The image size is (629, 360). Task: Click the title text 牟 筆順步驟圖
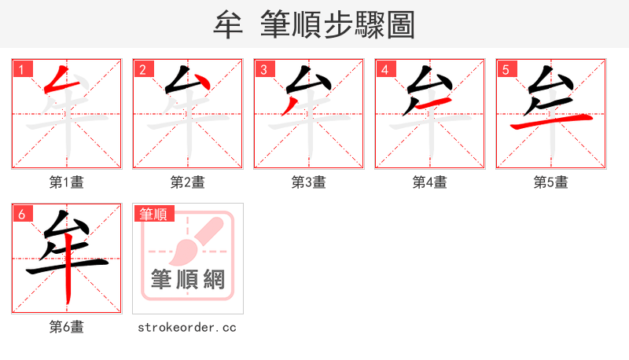click(x=314, y=24)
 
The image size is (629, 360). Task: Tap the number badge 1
click(x=21, y=70)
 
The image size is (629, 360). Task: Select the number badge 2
click(x=142, y=70)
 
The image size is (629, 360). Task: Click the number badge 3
click(x=263, y=70)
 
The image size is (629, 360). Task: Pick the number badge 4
click(x=384, y=70)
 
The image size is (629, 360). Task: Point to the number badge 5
click(x=506, y=70)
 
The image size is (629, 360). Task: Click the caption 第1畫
click(x=67, y=182)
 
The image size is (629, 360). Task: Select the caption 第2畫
click(x=188, y=182)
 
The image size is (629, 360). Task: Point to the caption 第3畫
click(x=309, y=182)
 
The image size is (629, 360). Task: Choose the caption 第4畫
click(x=430, y=182)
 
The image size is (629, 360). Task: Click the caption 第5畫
click(x=551, y=182)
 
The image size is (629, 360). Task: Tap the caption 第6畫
click(x=67, y=327)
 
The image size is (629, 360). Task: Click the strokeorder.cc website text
click(x=187, y=327)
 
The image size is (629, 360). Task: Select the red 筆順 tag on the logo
click(x=153, y=214)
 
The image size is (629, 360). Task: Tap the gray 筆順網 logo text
click(x=188, y=280)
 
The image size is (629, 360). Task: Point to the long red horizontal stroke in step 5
click(x=550, y=121)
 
